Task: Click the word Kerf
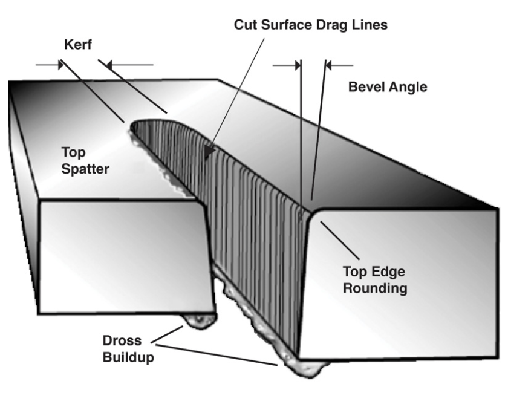(79, 45)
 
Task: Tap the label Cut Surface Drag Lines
(311, 25)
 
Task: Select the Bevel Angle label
(388, 86)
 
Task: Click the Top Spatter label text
(85, 160)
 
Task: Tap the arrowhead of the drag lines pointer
(209, 154)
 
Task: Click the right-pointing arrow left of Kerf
(48, 64)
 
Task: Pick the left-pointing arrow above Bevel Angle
(339, 64)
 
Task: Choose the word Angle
(408, 86)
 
